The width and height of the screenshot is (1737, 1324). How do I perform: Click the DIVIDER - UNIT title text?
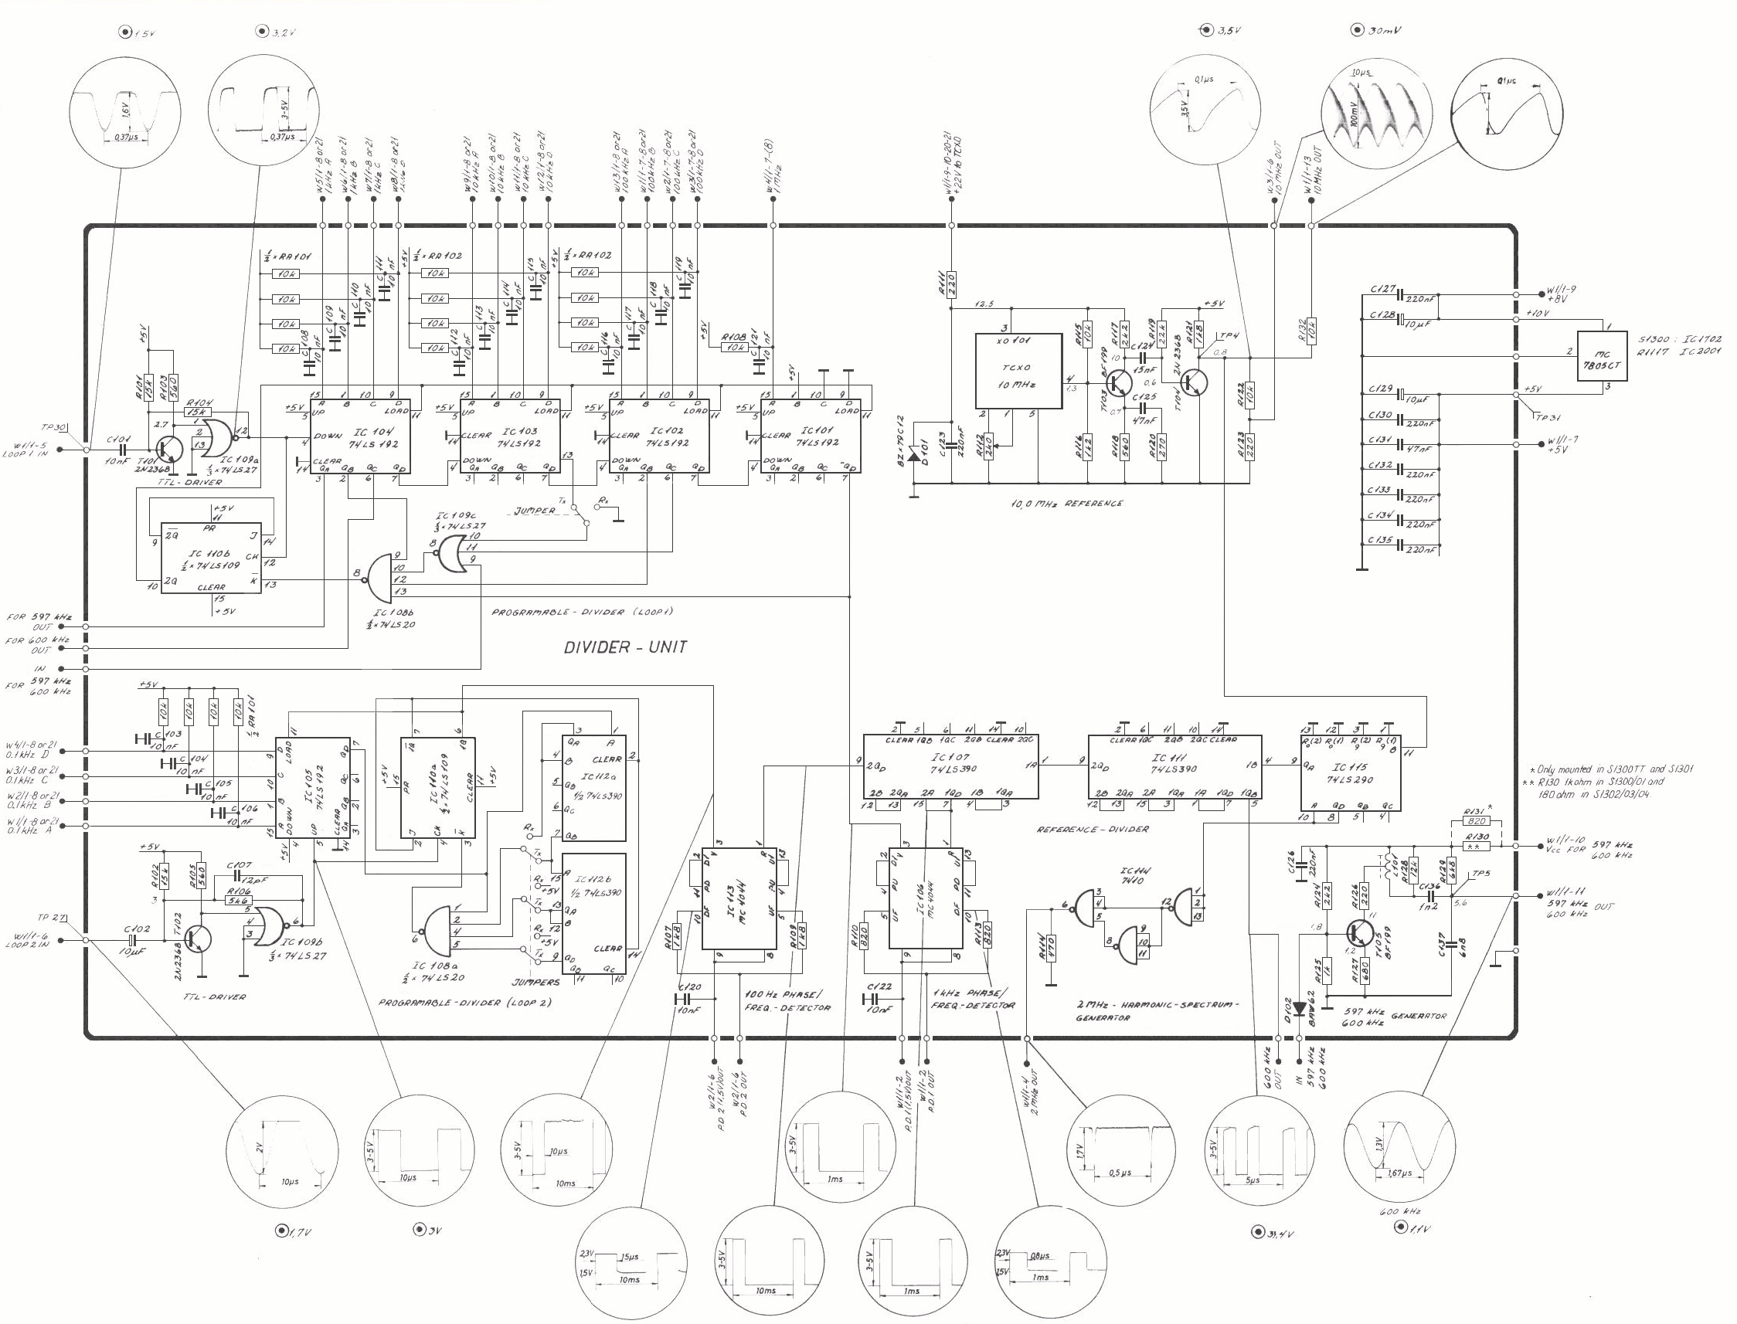pyautogui.click(x=625, y=647)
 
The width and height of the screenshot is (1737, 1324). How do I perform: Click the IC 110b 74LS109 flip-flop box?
pyautogui.click(x=211, y=558)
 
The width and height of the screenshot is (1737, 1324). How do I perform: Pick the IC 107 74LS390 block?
pyautogui.click(x=950, y=767)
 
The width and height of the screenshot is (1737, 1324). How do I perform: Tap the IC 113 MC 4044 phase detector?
pyautogui.click(x=739, y=898)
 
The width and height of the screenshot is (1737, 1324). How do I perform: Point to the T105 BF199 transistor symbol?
pyautogui.click(x=1361, y=935)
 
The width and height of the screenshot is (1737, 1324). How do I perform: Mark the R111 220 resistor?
pyautogui.click(x=951, y=282)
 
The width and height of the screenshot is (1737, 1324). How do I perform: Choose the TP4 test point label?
pyautogui.click(x=1228, y=336)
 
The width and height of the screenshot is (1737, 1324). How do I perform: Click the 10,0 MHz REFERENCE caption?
pyautogui.click(x=1067, y=503)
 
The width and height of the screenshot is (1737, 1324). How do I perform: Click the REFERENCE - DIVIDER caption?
pyautogui.click(x=1093, y=829)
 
